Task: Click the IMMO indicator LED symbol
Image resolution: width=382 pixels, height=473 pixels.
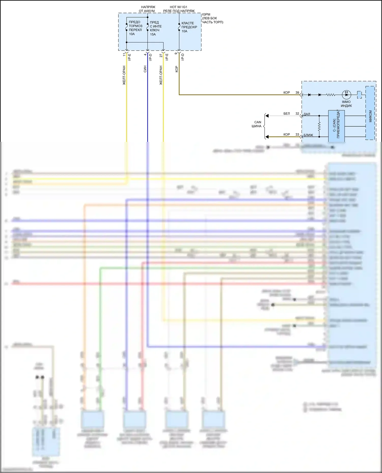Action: point(346,95)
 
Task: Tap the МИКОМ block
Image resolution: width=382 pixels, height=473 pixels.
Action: point(370,113)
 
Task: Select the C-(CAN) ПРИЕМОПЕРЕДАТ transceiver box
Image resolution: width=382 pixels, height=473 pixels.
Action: point(336,126)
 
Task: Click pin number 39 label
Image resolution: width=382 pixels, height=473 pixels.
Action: point(297,93)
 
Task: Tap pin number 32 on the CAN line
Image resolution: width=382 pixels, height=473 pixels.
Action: point(297,114)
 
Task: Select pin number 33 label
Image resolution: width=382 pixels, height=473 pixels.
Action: point(297,134)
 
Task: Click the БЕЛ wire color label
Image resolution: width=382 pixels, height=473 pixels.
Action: point(286,114)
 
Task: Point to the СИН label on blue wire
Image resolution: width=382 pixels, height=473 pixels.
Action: point(145,69)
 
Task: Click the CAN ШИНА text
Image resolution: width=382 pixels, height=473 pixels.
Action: point(257,124)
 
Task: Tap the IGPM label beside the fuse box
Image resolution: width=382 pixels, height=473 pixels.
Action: point(206,14)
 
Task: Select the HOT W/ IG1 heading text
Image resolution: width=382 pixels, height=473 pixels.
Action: point(179,7)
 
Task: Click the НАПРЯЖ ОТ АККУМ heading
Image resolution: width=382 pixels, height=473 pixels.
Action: point(147,9)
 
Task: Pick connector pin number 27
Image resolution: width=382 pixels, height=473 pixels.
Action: point(161,55)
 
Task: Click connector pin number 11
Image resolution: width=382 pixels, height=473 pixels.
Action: point(124,55)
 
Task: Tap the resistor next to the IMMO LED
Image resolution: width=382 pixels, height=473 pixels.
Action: point(331,95)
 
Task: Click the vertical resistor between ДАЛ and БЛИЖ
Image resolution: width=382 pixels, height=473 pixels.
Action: point(319,126)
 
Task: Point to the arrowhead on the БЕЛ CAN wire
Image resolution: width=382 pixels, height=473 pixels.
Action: point(267,116)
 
